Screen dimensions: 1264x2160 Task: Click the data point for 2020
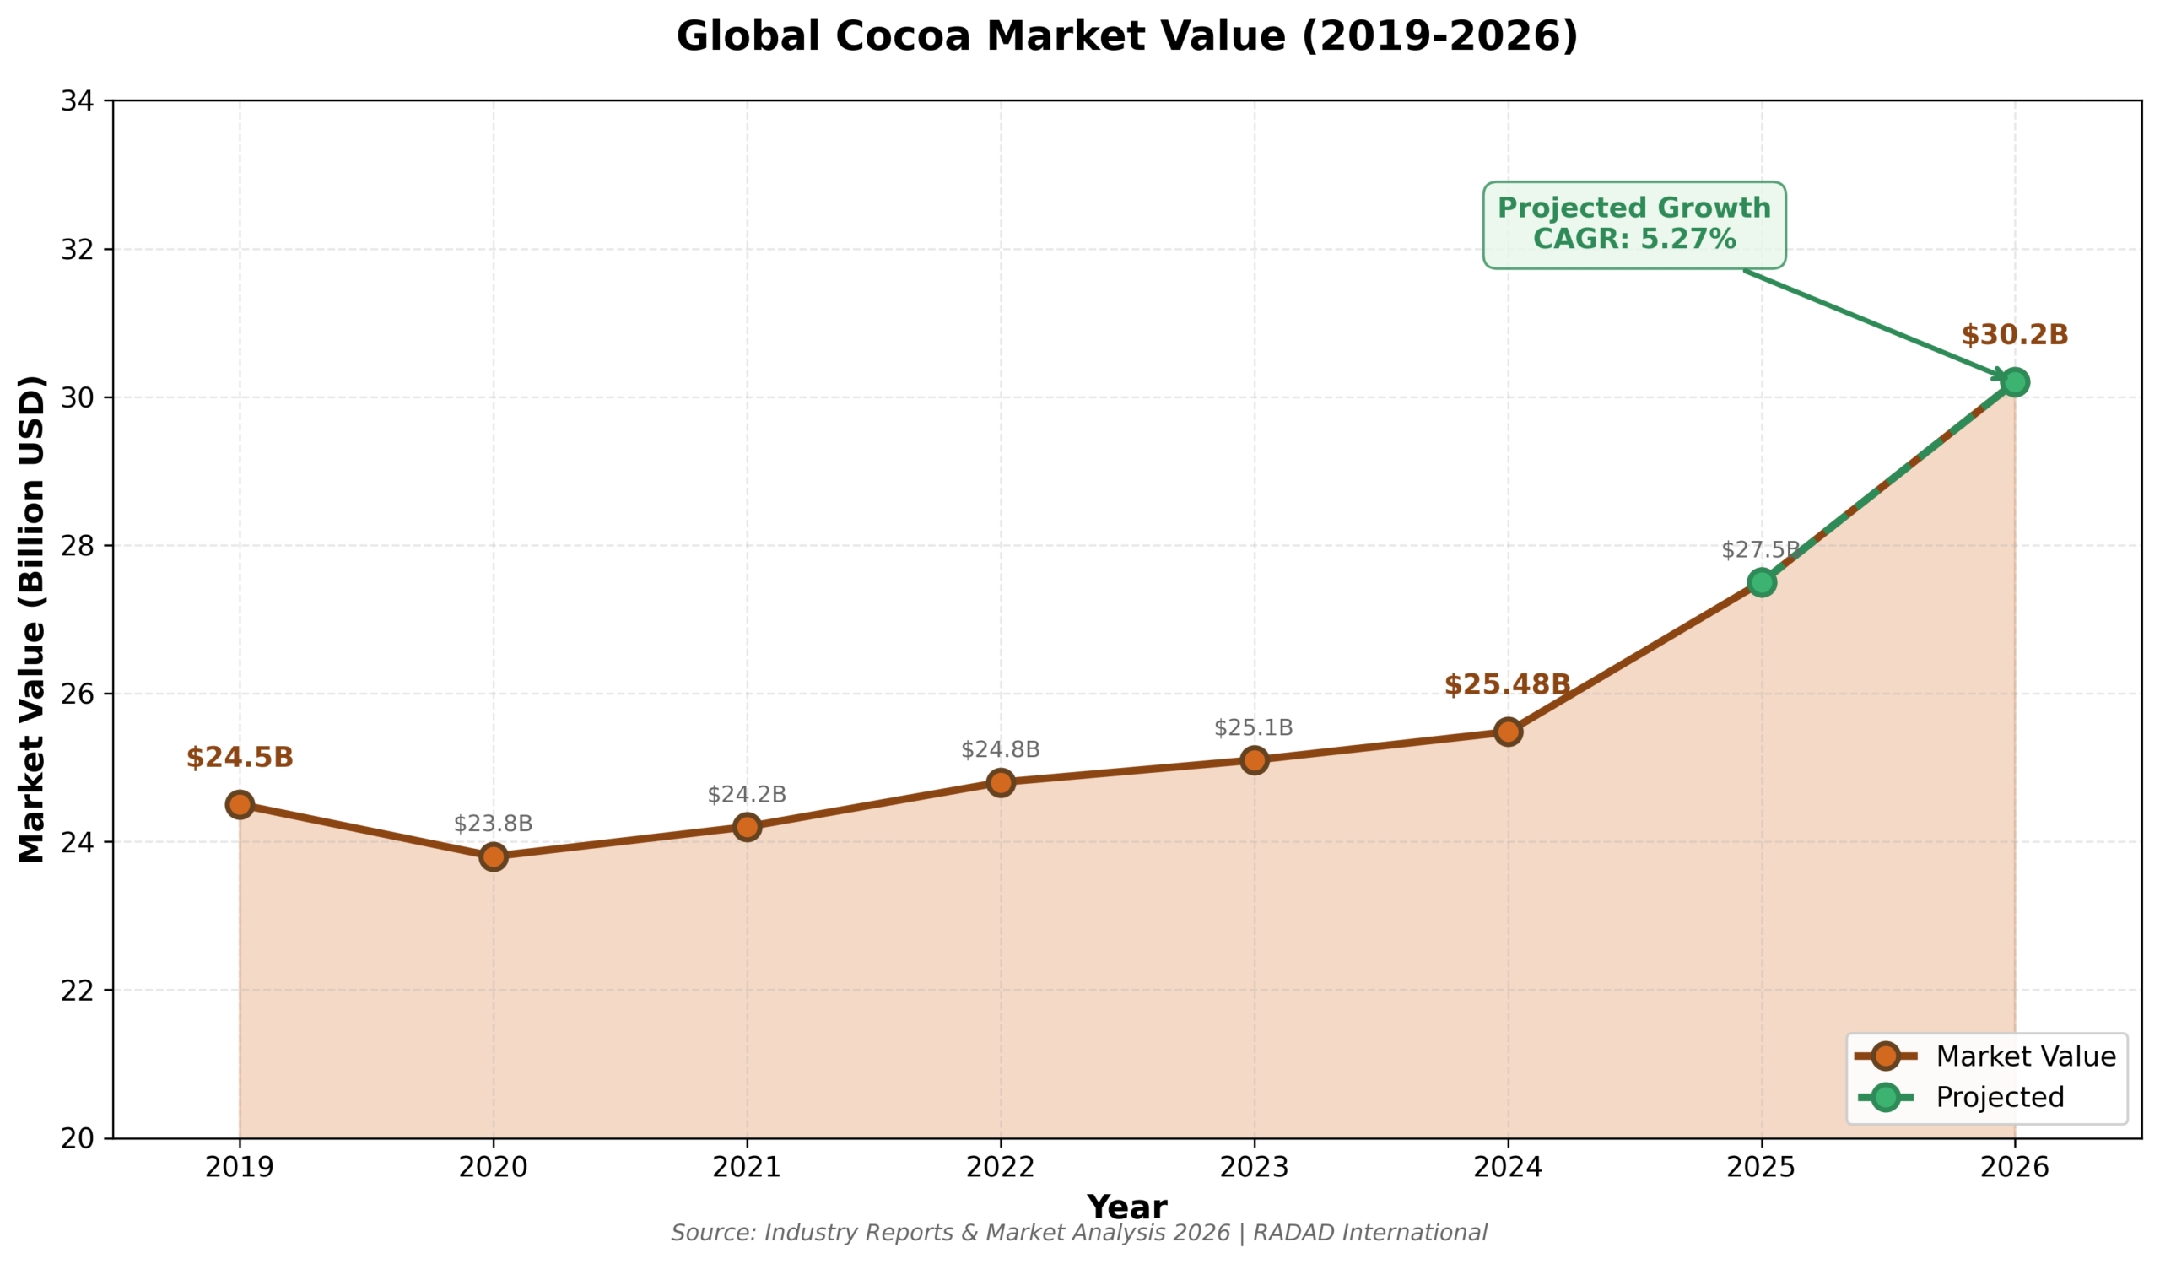[493, 856]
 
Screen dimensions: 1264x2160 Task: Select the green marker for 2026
[2014, 382]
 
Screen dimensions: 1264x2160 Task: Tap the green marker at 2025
[1761, 583]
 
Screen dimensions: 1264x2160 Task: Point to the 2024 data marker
[1508, 732]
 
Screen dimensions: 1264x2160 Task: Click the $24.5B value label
[240, 758]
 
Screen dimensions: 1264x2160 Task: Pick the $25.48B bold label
[1507, 684]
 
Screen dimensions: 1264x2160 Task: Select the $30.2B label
[2014, 335]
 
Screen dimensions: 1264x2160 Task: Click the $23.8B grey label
[493, 824]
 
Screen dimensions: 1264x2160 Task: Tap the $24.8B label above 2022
[1001, 750]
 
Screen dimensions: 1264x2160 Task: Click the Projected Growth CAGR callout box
[1633, 224]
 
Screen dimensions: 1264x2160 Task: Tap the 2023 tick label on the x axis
[1254, 1167]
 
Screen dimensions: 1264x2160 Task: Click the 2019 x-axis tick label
[240, 1167]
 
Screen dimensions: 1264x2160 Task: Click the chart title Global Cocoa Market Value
[1127, 37]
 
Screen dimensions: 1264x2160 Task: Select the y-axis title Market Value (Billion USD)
[32, 618]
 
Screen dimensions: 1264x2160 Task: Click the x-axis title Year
[1126, 1207]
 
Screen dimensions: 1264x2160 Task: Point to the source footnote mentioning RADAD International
[1078, 1233]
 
